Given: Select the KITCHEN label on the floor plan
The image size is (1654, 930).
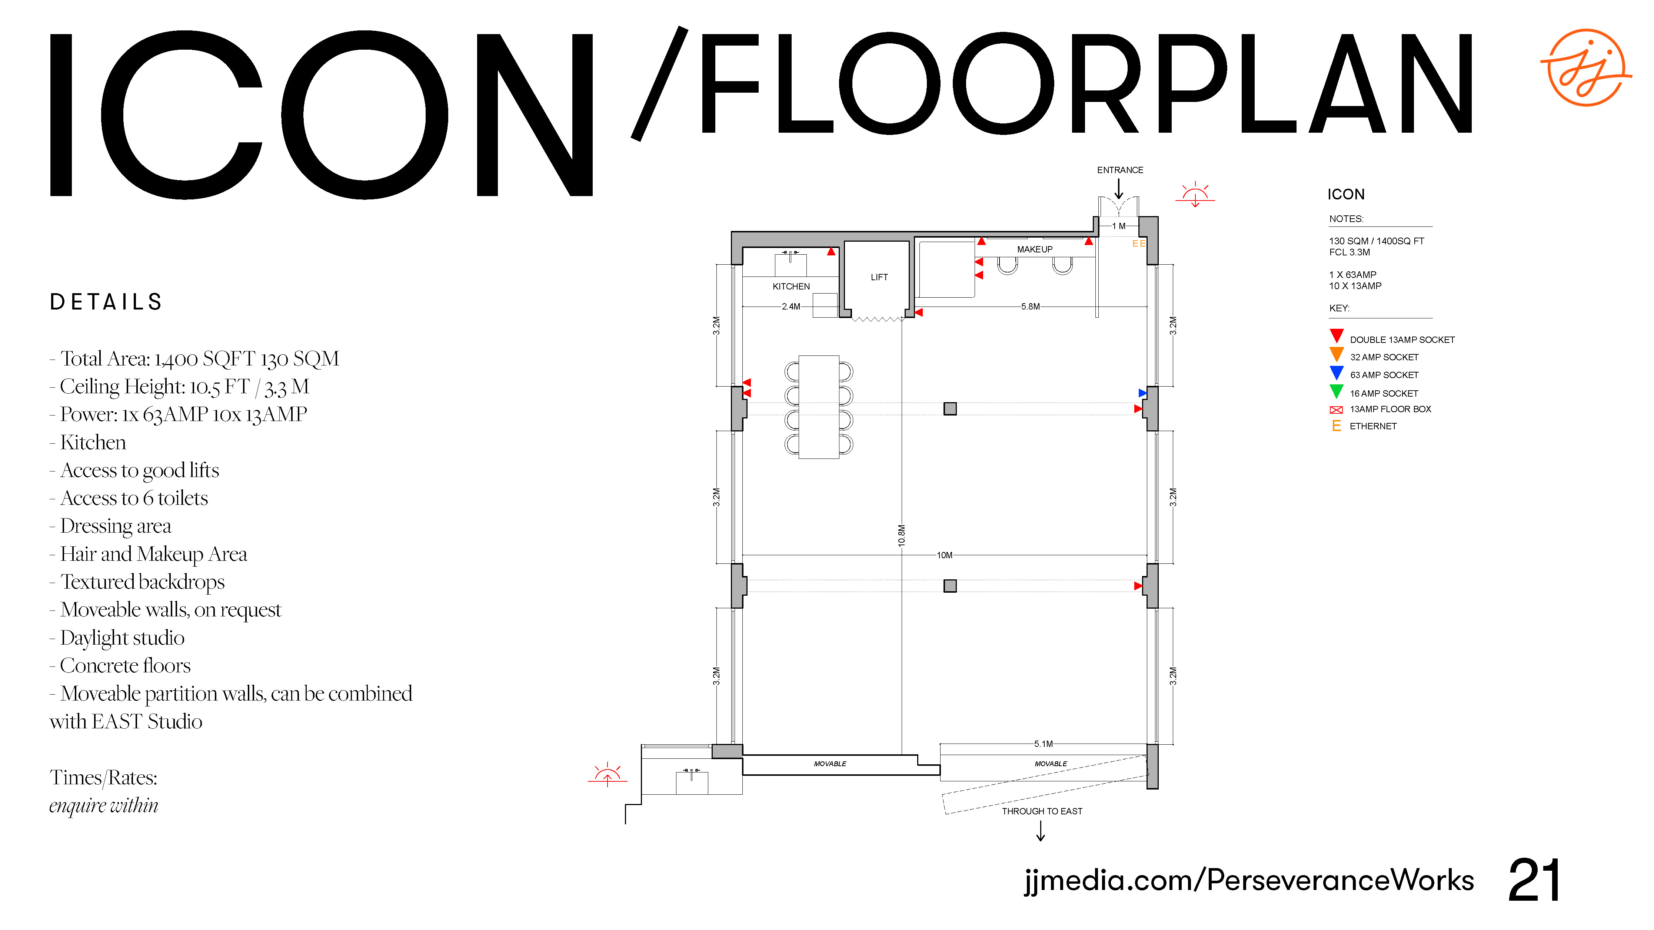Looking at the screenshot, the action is (x=791, y=287).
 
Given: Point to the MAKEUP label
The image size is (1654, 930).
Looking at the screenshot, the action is (x=1034, y=249).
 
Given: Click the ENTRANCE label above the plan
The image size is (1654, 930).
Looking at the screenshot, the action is (x=1120, y=170).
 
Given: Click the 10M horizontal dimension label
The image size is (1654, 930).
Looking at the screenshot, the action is (x=945, y=555).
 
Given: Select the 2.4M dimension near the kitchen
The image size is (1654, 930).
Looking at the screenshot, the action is (x=791, y=307).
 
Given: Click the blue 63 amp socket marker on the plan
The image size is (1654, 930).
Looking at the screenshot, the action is (x=1142, y=393).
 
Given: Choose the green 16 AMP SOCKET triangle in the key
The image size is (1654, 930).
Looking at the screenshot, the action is (x=1336, y=391).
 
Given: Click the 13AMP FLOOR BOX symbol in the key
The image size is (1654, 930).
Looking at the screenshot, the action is (x=1336, y=410).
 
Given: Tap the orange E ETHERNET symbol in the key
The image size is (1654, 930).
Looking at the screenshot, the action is (x=1336, y=426).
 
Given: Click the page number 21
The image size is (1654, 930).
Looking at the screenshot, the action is (x=1534, y=881).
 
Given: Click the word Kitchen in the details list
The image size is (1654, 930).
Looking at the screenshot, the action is (x=93, y=443).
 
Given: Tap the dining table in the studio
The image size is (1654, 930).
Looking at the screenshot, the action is (x=819, y=407).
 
